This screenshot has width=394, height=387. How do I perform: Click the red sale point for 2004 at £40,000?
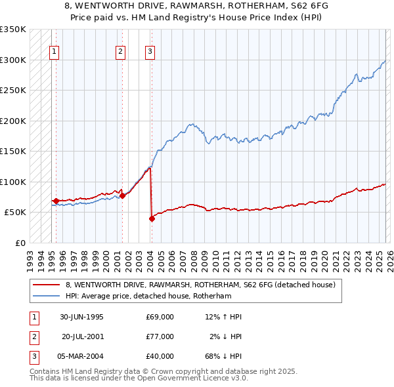click(152, 219)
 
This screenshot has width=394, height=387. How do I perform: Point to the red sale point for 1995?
click(56, 201)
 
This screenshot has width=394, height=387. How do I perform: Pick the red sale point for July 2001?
click(122, 195)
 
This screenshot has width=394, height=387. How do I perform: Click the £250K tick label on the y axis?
click(13, 91)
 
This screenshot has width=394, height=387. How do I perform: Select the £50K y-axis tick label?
click(16, 213)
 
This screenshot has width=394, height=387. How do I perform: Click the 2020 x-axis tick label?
click(324, 256)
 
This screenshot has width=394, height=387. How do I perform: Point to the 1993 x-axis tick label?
click(30, 256)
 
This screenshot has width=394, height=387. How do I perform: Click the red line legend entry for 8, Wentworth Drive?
click(200, 285)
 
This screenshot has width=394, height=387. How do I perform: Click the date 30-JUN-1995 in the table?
click(81, 317)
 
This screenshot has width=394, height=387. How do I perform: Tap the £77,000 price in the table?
click(160, 336)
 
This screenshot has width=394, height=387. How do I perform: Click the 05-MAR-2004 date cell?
click(81, 356)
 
